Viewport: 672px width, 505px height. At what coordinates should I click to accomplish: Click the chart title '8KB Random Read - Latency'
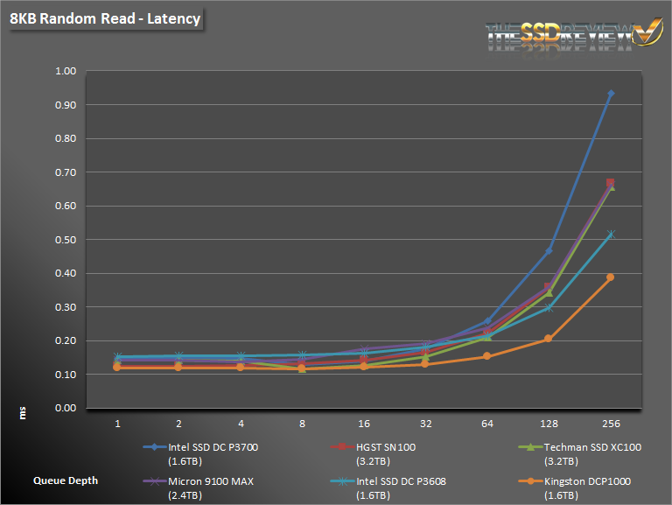point(104,18)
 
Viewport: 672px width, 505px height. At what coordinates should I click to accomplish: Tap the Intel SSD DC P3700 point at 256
point(611,93)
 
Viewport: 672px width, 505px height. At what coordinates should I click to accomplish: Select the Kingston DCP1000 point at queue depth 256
point(611,277)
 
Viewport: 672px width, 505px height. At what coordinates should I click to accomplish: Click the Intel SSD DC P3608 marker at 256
point(611,234)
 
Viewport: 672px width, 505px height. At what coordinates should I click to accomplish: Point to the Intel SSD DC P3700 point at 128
point(549,251)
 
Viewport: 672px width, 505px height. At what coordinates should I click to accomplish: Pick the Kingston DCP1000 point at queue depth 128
point(549,339)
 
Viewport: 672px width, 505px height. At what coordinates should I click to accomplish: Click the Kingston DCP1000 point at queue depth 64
point(487,356)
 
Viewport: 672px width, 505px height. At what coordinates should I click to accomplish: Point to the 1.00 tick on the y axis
point(66,71)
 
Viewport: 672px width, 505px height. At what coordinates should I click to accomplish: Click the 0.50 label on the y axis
point(66,240)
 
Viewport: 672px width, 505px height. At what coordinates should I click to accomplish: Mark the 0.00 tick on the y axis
point(66,408)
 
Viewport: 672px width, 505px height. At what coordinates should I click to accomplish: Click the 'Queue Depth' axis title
point(66,480)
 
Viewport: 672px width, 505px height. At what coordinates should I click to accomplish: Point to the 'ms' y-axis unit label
point(24,412)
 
